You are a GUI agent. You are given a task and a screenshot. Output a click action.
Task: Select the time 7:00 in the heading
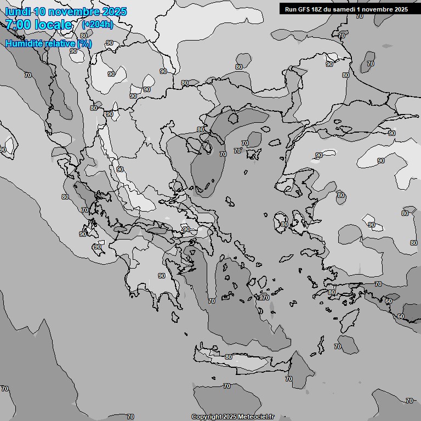click(x=18, y=25)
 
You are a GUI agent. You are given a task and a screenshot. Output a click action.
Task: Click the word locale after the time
click(x=53, y=25)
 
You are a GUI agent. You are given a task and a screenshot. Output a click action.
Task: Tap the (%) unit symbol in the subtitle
click(x=84, y=43)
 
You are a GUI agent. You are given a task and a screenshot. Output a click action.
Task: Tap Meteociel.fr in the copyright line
click(x=256, y=417)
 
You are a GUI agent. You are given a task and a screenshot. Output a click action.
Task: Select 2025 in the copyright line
click(x=229, y=417)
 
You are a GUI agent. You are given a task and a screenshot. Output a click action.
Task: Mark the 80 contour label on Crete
click(x=229, y=357)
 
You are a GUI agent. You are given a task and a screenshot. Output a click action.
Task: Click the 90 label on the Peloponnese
click(x=162, y=276)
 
